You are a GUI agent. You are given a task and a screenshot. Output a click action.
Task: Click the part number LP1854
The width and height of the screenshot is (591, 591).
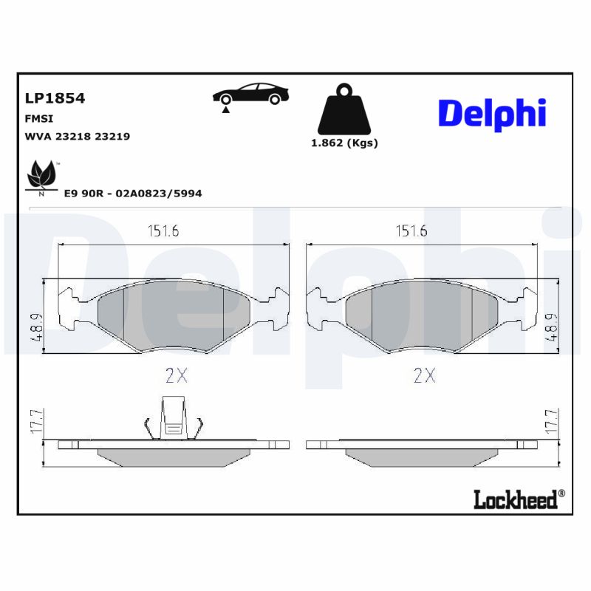tap(55, 98)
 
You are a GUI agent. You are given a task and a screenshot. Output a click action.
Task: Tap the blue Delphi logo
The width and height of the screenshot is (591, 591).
tap(492, 114)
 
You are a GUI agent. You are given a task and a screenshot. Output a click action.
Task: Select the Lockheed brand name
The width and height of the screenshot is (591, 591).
tap(515, 500)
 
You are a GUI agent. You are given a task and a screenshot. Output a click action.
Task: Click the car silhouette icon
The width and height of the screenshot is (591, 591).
tap(251, 93)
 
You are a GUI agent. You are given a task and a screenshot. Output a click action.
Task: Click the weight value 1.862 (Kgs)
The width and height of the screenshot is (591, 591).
tap(344, 143)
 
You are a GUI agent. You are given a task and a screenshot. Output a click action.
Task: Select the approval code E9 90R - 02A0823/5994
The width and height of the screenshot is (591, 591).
tap(133, 194)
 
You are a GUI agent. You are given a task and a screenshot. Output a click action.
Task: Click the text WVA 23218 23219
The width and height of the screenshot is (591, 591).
tap(78, 137)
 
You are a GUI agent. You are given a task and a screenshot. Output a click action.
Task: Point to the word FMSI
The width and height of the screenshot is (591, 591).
tap(38, 118)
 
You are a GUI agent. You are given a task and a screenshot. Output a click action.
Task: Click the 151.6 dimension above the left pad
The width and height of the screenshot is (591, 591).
tap(163, 231)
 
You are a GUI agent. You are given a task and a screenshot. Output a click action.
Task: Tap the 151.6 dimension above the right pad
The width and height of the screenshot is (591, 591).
tap(411, 231)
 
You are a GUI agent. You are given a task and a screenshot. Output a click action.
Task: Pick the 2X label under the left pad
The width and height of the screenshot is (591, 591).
tap(177, 376)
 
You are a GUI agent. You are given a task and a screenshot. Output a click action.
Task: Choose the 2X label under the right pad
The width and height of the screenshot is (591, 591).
tap(424, 376)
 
